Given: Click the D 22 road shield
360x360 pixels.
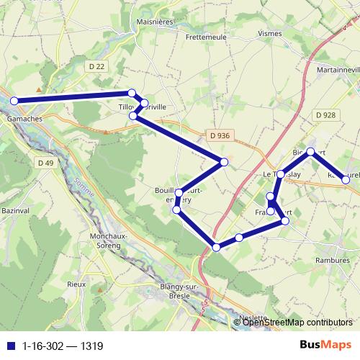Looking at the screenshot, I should point(97,66).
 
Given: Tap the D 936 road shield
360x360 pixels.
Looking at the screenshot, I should point(220,135).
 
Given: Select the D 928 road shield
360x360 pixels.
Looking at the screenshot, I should point(325,115).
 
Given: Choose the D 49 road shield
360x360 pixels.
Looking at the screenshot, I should point(45,163).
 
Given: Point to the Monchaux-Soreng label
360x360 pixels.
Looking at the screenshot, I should point(109,240).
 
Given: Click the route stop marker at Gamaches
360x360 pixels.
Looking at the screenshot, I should point(14,101).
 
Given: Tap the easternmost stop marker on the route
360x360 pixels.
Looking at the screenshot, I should point(346,179).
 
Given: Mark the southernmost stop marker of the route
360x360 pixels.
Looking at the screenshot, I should point(217,248).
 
